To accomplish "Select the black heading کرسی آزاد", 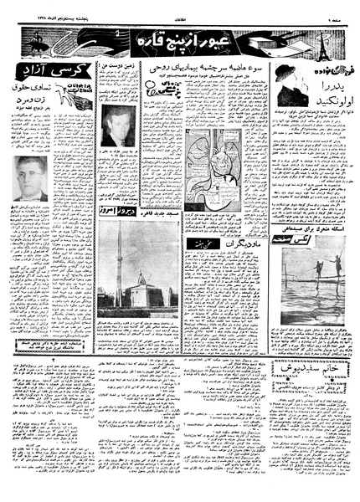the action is (33, 69).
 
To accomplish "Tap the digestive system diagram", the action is (208, 172).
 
